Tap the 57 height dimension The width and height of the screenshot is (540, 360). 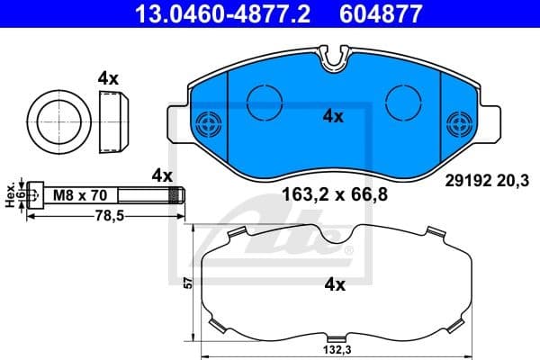(x=187, y=283)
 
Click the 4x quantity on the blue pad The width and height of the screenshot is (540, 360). (x=334, y=115)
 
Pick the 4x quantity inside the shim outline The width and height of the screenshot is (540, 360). (x=334, y=284)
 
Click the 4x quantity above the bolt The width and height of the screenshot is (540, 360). (x=162, y=173)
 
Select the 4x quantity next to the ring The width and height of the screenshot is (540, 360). (x=108, y=78)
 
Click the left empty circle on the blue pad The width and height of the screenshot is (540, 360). (x=264, y=99)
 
